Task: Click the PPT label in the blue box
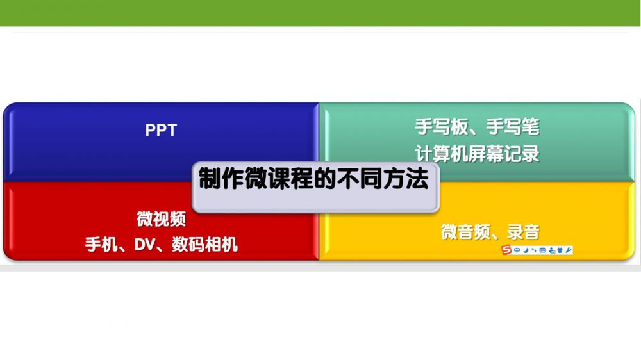point(161,130)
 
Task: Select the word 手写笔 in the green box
point(513,126)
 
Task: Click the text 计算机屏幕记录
point(478,154)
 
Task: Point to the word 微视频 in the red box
point(162,219)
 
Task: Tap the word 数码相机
point(204,244)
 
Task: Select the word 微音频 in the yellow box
point(465,232)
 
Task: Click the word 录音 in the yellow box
point(523,232)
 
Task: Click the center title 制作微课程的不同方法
point(313,179)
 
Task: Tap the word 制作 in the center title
point(222,179)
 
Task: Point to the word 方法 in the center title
point(406,179)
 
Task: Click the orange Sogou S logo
point(507,250)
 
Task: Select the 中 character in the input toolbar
point(517,250)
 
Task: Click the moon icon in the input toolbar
point(526,250)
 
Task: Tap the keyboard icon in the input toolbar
point(542,250)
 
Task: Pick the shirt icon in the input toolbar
point(560,250)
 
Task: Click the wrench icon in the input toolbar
point(568,250)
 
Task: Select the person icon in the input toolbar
point(551,250)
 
